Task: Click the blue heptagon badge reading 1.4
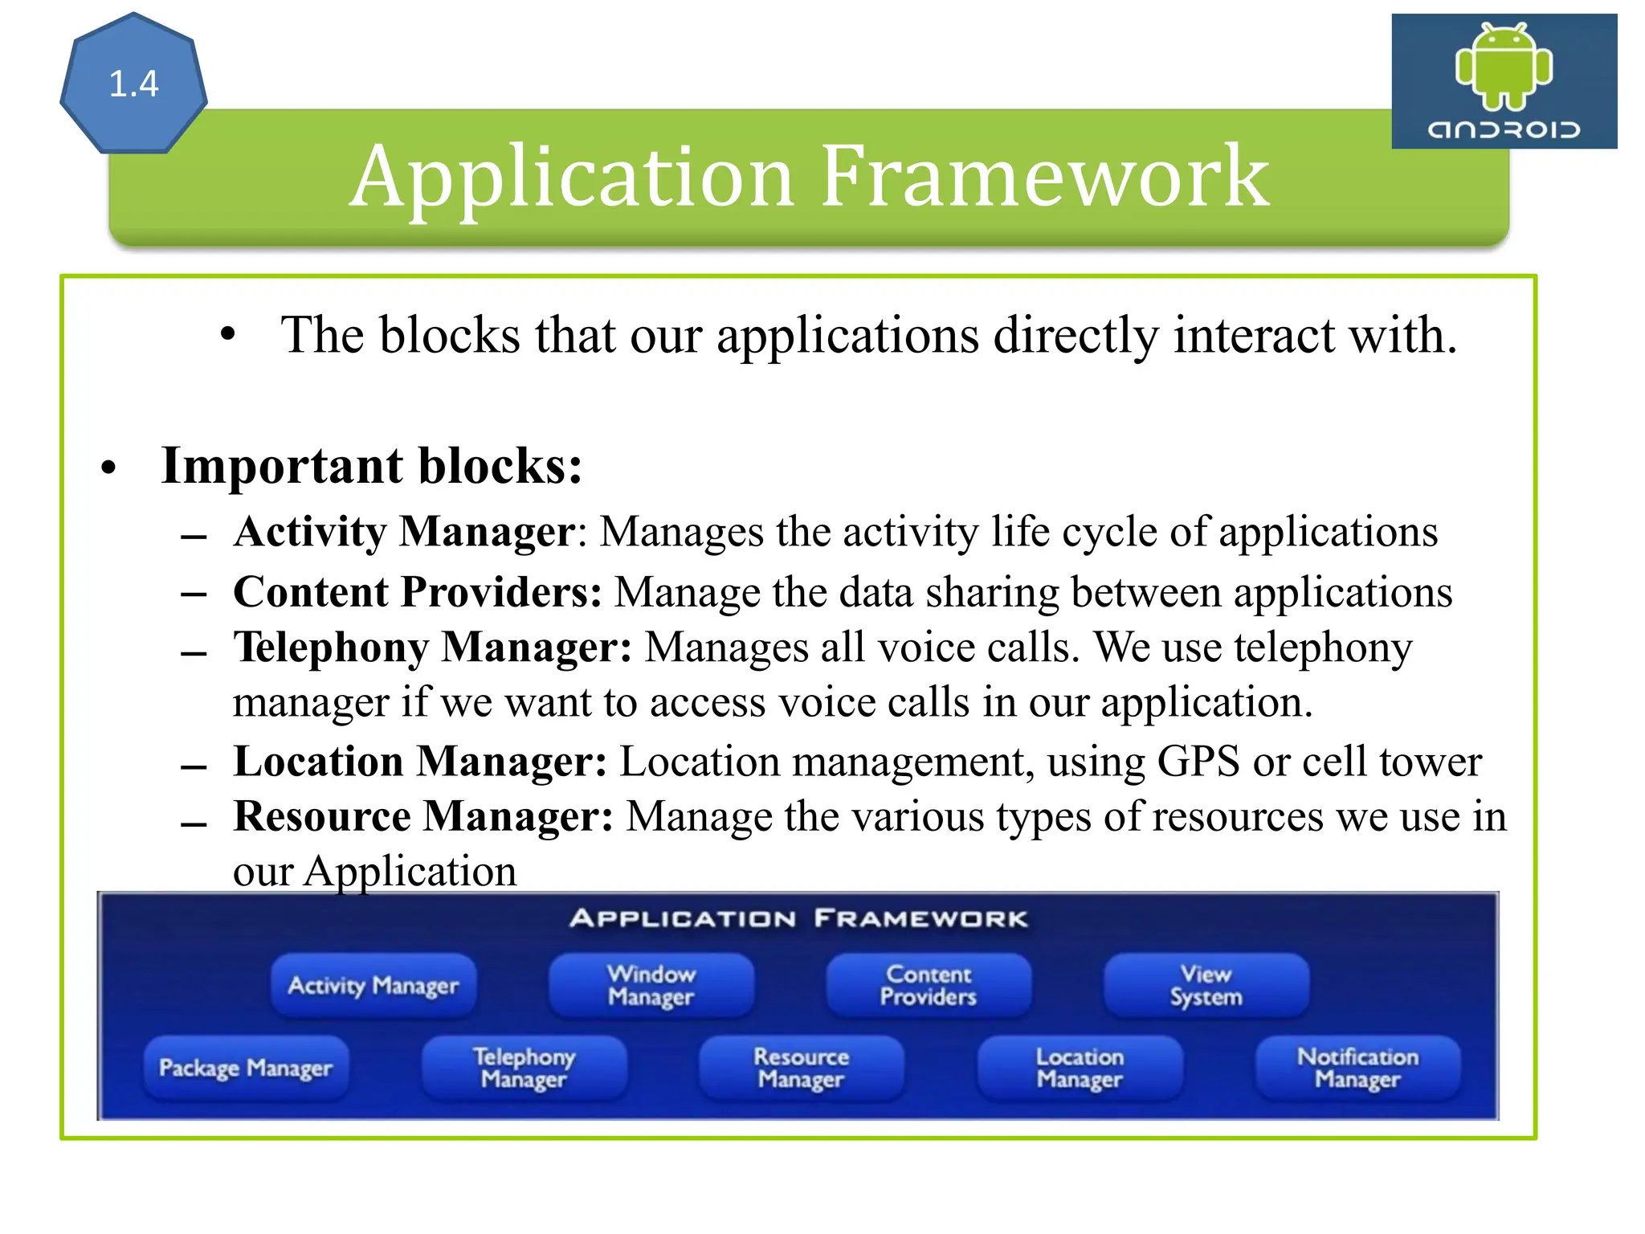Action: [133, 84]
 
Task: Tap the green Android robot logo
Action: [1504, 67]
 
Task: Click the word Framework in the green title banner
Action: [1044, 176]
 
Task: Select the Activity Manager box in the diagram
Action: [373, 985]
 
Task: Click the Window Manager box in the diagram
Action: [651, 985]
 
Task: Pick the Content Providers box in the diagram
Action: [929, 985]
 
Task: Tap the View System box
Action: [1206, 985]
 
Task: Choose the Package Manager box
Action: [246, 1068]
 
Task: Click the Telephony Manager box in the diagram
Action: [524, 1068]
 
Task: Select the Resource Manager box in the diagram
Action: [802, 1068]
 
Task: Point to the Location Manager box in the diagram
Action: [1080, 1068]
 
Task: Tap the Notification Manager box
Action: [1357, 1068]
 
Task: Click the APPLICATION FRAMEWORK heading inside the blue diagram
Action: [798, 918]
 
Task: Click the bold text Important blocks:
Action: [371, 466]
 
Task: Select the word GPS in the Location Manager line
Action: [1198, 762]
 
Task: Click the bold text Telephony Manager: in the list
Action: [432, 648]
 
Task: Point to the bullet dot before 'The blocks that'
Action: [228, 334]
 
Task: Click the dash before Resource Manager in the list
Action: [194, 825]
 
